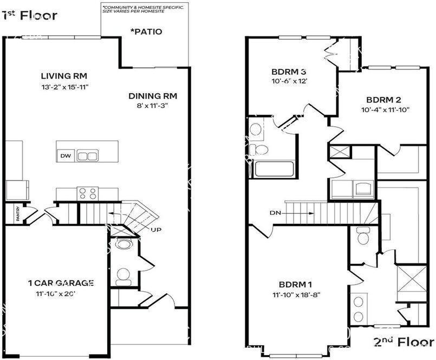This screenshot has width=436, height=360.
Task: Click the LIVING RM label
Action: tap(64, 76)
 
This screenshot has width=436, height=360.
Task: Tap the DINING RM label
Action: tap(153, 96)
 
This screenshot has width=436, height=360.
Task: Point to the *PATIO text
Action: tap(146, 31)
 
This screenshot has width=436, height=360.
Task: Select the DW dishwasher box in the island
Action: tap(65, 156)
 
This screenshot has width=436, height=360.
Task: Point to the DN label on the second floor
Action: tap(275, 213)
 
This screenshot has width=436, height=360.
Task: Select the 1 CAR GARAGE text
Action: tap(61, 283)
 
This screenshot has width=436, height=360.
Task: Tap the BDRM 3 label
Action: tap(289, 72)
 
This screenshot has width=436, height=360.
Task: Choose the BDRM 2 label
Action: tap(383, 100)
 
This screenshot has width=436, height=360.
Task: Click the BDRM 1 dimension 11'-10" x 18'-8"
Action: tap(296, 295)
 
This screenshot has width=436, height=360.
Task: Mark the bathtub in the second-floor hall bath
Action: tap(274, 168)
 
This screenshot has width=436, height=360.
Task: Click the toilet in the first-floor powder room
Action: tap(123, 276)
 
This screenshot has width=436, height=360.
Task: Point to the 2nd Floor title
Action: tap(404, 342)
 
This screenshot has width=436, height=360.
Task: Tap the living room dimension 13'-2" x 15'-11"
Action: tap(64, 86)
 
